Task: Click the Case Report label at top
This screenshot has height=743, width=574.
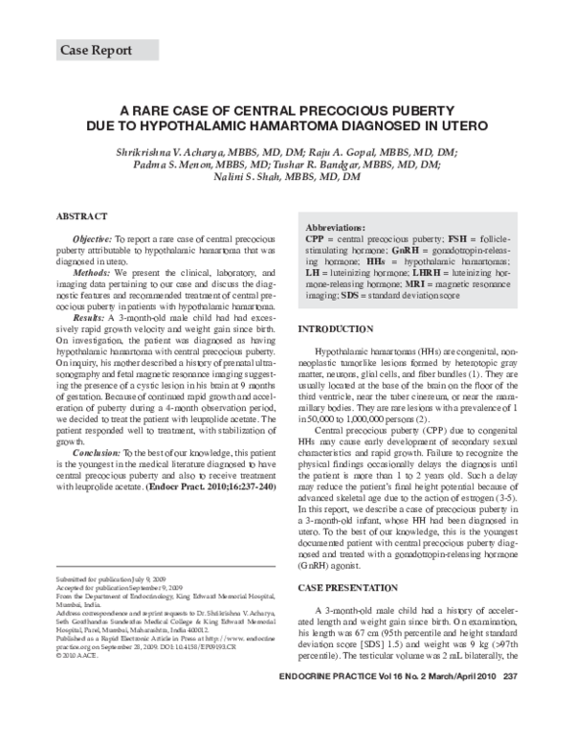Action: tap(96, 50)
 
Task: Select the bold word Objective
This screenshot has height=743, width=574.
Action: tap(93, 236)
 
